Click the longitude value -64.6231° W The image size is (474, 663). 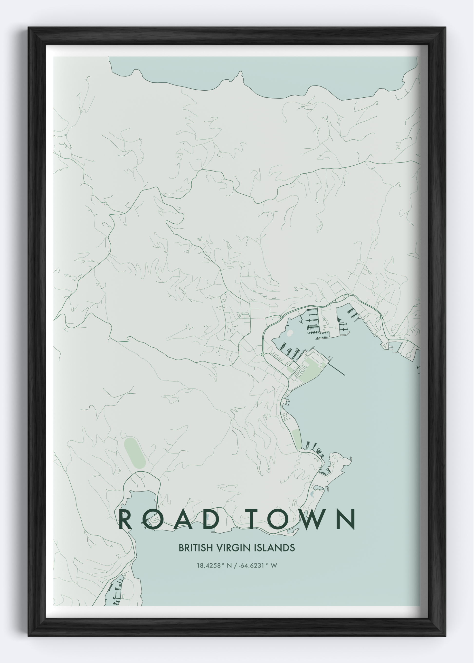click(258, 566)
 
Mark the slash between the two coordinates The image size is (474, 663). click(236, 566)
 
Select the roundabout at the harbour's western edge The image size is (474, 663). click(262, 355)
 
